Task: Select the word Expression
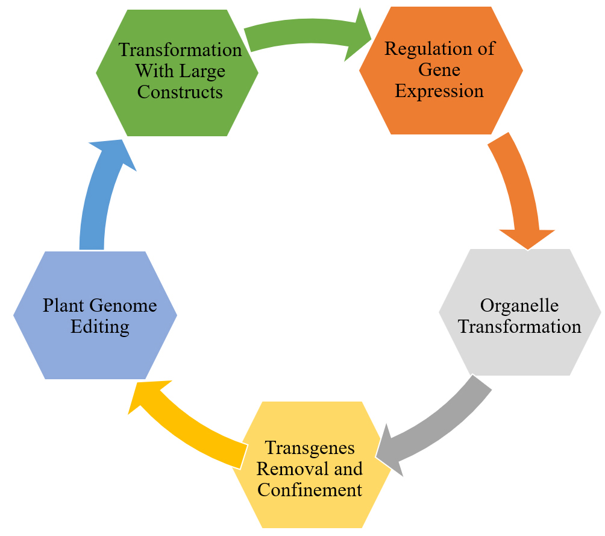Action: tap(439, 91)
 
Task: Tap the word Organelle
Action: tap(519, 305)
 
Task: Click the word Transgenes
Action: tap(310, 448)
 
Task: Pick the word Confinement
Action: tap(310, 489)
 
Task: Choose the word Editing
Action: tap(100, 326)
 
